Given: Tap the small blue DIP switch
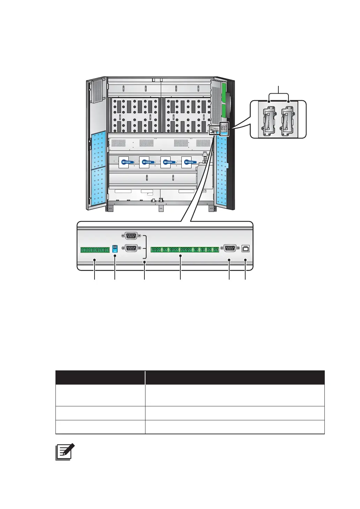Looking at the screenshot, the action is click(115, 249).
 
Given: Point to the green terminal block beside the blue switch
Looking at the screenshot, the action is click(95, 250).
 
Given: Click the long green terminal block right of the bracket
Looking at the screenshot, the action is click(185, 250).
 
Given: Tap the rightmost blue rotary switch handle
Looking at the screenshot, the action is click(188, 162).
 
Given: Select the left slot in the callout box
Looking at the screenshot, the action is click(269, 119).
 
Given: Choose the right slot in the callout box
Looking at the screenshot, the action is click(288, 119).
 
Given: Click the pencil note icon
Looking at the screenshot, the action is click(65, 452).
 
